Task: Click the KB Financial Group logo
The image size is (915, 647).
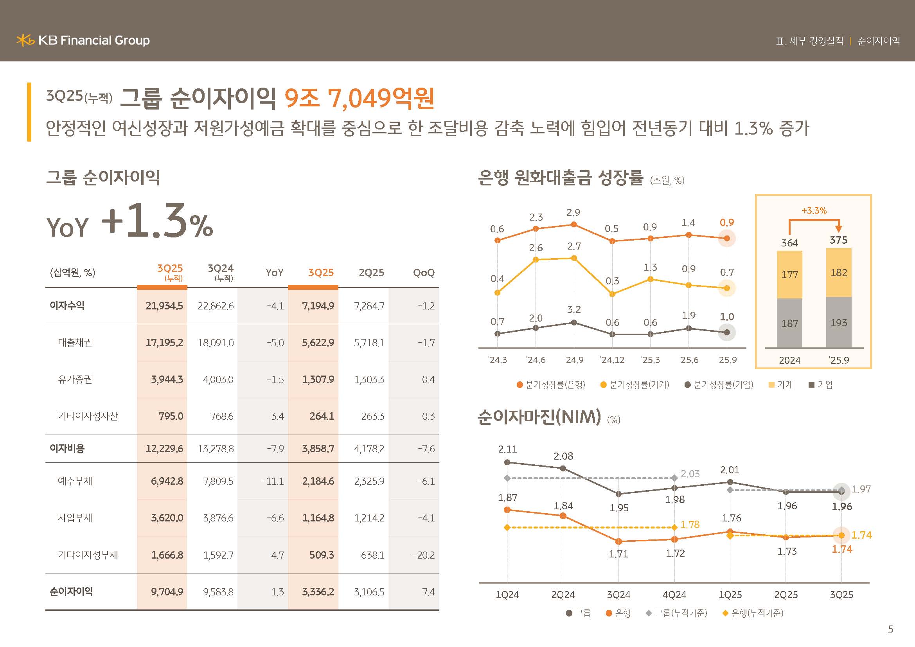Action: tap(83, 40)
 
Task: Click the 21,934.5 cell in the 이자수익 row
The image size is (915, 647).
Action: tap(164, 306)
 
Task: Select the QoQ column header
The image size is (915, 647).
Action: tap(424, 273)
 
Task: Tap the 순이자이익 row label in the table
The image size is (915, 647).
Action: tap(71, 591)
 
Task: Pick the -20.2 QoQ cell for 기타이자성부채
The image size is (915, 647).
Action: tap(423, 555)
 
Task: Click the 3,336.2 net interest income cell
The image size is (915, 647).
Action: tap(318, 591)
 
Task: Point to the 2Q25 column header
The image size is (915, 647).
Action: tap(371, 273)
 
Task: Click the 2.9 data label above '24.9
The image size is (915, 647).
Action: tap(573, 213)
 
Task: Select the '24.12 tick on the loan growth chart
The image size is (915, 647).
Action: tap(612, 360)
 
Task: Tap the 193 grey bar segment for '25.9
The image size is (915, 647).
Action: tap(838, 323)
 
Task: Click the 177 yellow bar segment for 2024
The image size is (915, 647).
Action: tap(789, 275)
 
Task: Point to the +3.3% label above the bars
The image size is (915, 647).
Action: tap(814, 210)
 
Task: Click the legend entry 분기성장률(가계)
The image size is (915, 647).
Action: tap(635, 385)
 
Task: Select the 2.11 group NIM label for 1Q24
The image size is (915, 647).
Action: tap(507, 449)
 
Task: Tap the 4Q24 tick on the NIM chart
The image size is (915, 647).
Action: tap(674, 595)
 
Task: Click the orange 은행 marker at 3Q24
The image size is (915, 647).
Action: tap(618, 541)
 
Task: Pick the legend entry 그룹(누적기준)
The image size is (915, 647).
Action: tap(677, 613)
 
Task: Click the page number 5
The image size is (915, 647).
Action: tap(891, 629)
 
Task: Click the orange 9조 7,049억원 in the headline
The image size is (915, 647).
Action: tap(360, 98)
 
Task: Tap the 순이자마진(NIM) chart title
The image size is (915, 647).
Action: tap(539, 417)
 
